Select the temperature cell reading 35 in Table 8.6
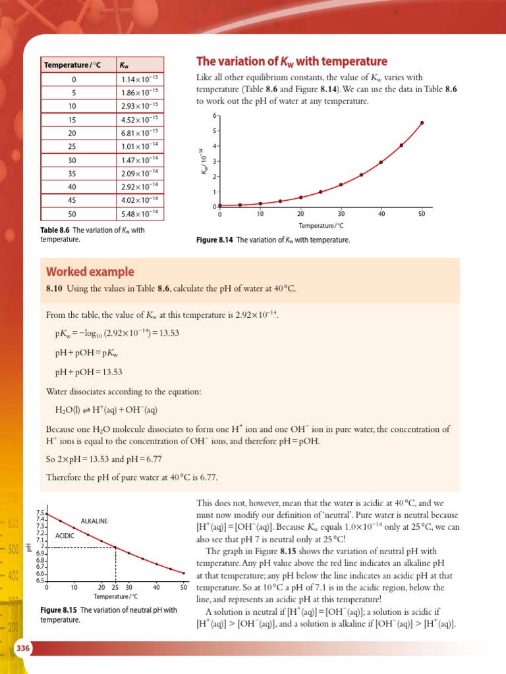(x=72, y=173)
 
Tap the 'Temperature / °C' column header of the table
(x=72, y=65)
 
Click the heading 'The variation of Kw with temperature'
(x=292, y=61)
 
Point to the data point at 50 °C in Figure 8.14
(x=422, y=122)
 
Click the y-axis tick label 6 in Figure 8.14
(x=213, y=115)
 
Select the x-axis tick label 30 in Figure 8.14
(x=341, y=214)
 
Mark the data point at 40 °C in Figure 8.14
(x=381, y=162)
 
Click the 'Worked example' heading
(x=90, y=272)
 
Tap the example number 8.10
(x=53, y=288)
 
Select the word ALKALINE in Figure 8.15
(x=94, y=521)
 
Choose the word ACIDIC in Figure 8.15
(x=65, y=535)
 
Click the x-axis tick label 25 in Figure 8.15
(x=115, y=586)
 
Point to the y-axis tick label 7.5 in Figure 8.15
(x=39, y=513)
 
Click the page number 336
(x=22, y=650)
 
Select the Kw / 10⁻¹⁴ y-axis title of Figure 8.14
(x=204, y=162)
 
